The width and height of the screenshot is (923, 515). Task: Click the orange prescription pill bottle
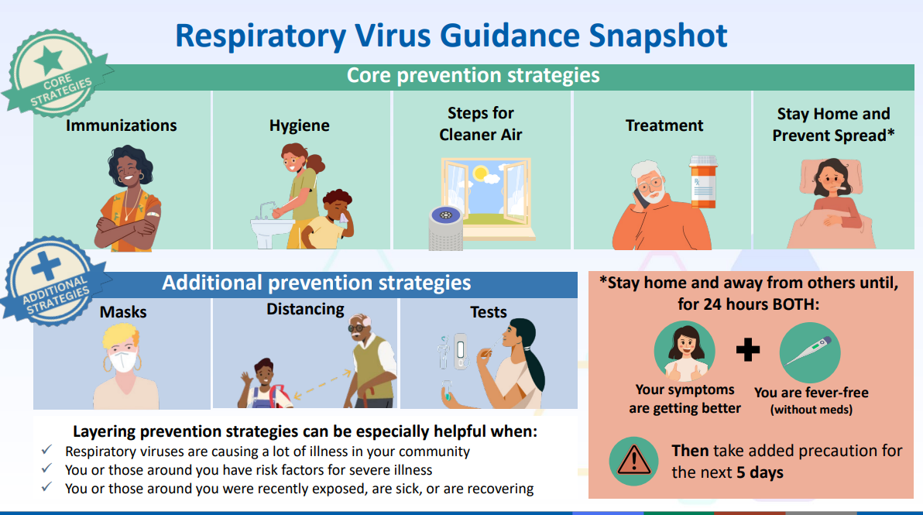[703, 182]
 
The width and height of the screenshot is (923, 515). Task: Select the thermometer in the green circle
[810, 352]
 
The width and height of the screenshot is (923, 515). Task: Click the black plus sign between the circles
[747, 349]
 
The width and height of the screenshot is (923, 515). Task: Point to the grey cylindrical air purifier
[445, 228]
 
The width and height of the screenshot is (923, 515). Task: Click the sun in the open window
[481, 173]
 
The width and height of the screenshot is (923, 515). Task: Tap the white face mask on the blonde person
[123, 360]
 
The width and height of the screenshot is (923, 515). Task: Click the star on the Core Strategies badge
[49, 60]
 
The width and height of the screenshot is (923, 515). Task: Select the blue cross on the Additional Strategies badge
[46, 266]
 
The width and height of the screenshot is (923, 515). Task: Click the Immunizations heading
[122, 125]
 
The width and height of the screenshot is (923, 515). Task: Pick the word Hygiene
[300, 126]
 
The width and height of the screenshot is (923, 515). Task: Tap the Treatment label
[664, 125]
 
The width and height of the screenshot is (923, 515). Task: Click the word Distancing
[305, 310]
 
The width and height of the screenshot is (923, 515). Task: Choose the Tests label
[488, 312]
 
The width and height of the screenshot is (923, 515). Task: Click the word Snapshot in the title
[658, 36]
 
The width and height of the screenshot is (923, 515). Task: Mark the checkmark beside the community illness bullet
[46, 450]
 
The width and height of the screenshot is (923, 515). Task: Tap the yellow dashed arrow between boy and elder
[322, 384]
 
